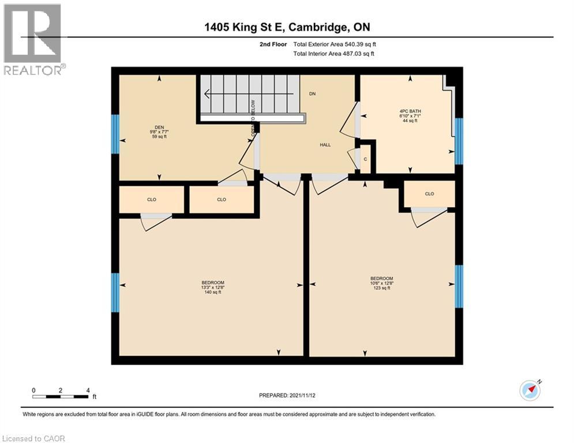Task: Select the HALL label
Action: tap(325, 145)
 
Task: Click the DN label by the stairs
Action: tap(312, 93)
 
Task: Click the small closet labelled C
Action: tap(365, 160)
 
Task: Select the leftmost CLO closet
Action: tap(152, 200)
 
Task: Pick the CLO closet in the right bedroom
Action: tap(429, 194)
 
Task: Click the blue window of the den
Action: tap(115, 134)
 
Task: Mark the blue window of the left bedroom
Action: tap(115, 292)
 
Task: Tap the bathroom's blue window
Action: tap(459, 141)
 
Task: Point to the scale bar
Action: tap(60, 396)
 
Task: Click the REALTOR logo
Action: tap(33, 39)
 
